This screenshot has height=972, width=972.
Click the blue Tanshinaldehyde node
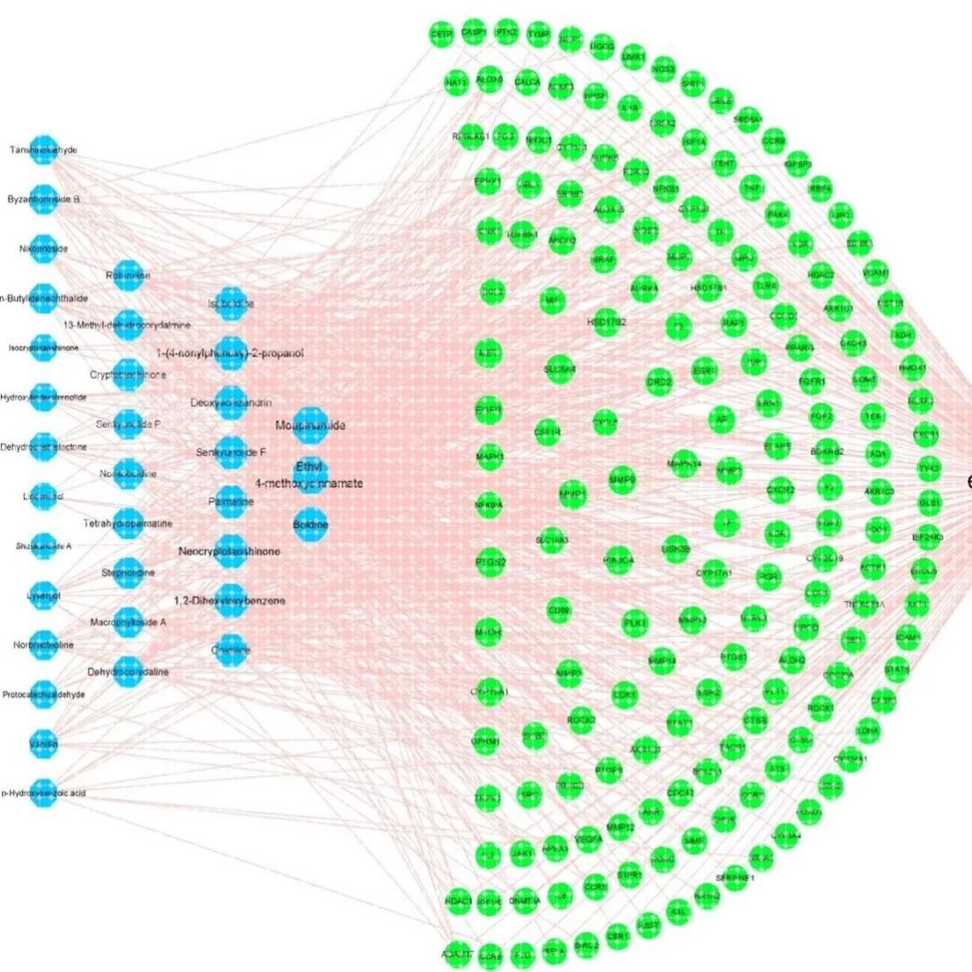pyautogui.click(x=42, y=150)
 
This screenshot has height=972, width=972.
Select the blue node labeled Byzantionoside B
pyautogui.click(x=42, y=199)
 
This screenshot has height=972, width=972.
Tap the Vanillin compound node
pyautogui.click(x=42, y=743)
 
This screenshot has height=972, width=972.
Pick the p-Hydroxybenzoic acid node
pyautogui.click(x=42, y=792)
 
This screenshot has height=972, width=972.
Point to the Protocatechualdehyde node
pyautogui.click(x=42, y=694)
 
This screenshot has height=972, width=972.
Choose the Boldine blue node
pyautogui.click(x=311, y=524)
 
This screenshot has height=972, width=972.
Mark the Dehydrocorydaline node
pyautogui.click(x=128, y=671)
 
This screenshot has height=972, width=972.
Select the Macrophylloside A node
pyautogui.click(x=128, y=622)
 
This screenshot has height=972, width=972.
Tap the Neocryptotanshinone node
pyautogui.click(x=230, y=550)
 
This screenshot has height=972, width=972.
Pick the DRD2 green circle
pyautogui.click(x=658, y=381)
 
